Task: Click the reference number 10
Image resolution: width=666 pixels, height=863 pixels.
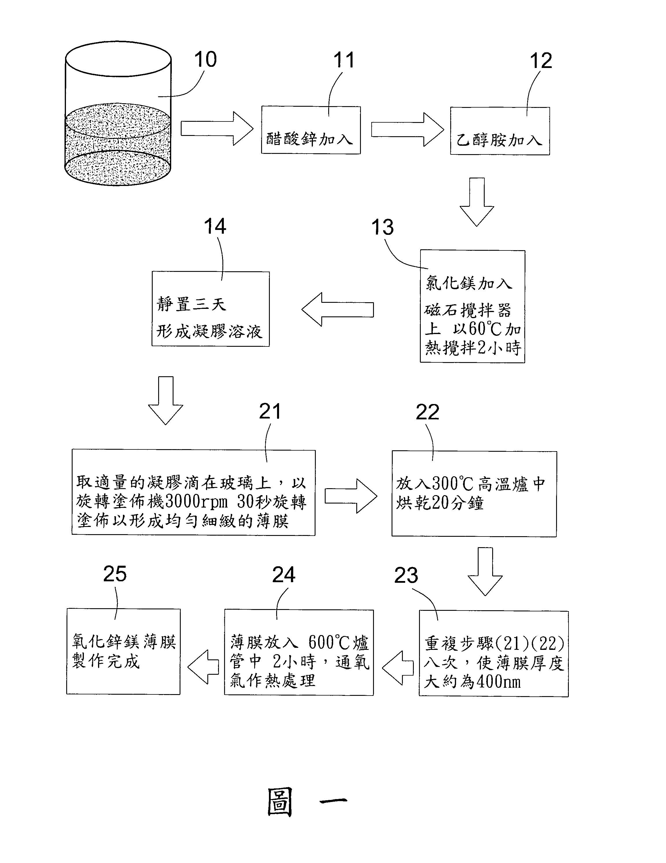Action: (205, 60)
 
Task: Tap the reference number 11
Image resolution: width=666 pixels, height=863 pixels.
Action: (343, 60)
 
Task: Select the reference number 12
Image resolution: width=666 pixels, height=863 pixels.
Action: (540, 61)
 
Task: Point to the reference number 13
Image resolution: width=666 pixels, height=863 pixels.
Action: (382, 228)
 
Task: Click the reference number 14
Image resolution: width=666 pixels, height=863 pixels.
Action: (215, 227)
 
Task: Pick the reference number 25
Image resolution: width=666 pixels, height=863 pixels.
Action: (115, 574)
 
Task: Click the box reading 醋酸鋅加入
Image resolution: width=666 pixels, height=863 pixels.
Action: (311, 130)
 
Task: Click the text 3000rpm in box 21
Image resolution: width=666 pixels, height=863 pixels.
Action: (197, 502)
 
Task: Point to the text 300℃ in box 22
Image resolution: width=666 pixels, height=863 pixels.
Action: (452, 484)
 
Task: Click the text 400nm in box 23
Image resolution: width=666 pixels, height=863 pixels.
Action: (499, 682)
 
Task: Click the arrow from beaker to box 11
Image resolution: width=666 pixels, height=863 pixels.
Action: (217, 128)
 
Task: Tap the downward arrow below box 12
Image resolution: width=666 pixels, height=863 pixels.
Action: (477, 202)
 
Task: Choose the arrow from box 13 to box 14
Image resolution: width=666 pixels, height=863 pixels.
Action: (338, 309)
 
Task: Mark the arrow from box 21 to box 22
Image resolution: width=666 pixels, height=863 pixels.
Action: (351, 496)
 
